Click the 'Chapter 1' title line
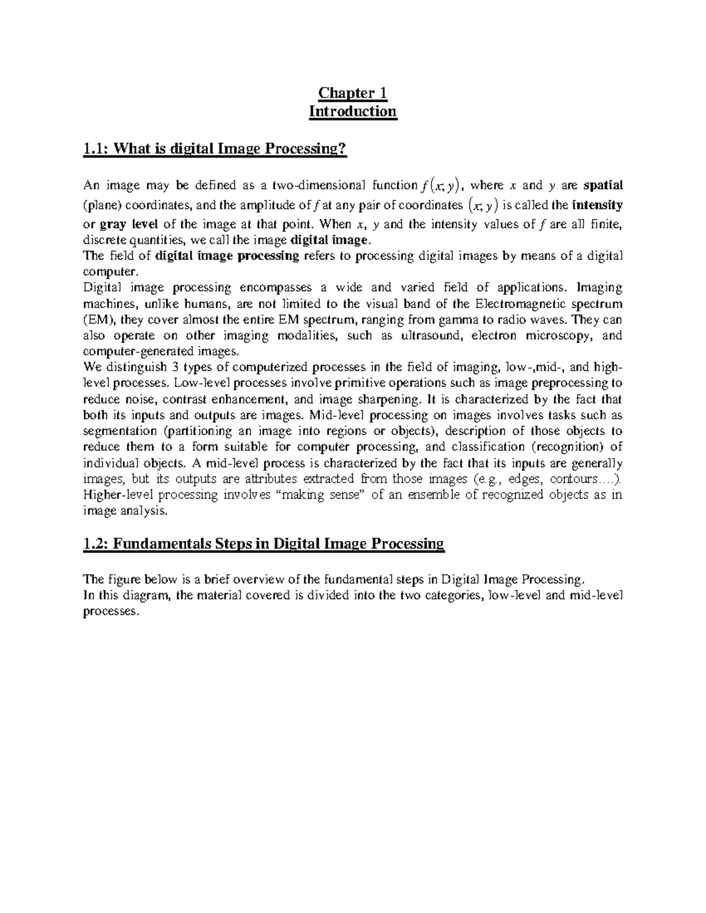tap(352, 93)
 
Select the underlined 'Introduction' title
tap(353, 111)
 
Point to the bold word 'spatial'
tap(603, 186)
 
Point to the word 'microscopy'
tap(563, 336)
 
